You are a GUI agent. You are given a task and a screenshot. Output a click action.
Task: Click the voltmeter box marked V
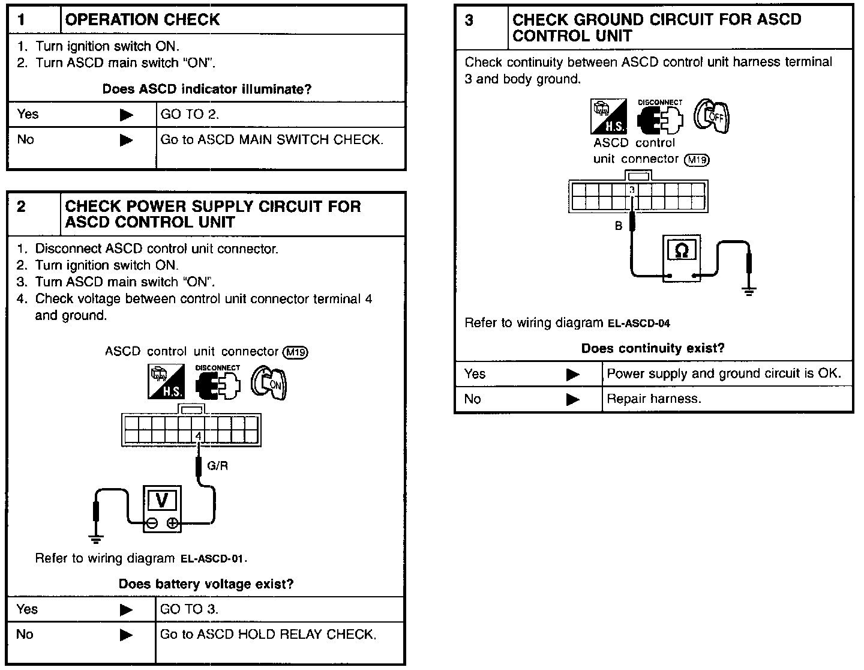coord(161,509)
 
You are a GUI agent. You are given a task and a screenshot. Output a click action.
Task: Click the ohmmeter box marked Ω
coord(682,258)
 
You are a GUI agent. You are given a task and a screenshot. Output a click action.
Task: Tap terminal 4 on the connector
coord(198,435)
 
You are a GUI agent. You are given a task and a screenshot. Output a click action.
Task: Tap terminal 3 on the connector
coord(632,190)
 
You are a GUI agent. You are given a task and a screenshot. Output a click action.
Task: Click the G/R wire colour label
coord(217,465)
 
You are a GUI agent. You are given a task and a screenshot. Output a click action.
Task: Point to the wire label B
coord(618,226)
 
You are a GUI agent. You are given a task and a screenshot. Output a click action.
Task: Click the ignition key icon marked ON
coord(269,382)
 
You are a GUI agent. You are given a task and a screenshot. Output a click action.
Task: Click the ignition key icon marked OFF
coord(712,116)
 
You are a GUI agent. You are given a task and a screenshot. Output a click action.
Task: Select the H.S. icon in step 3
coord(609,116)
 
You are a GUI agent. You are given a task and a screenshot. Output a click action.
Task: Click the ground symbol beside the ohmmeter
coord(748,291)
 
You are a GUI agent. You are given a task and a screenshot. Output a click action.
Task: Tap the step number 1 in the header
coord(22,19)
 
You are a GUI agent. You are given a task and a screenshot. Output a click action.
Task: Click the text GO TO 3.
coord(189,609)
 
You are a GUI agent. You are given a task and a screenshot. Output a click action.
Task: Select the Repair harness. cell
coord(653,399)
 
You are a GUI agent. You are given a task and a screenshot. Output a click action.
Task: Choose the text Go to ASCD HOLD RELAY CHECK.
coord(268,634)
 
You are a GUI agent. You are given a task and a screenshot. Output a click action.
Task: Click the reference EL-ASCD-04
coord(638,324)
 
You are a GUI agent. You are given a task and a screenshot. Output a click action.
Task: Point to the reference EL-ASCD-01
coord(213,559)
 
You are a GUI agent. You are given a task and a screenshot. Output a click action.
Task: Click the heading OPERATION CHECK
coord(142,20)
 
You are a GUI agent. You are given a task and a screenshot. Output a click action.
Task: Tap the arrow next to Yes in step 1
coord(126,115)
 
